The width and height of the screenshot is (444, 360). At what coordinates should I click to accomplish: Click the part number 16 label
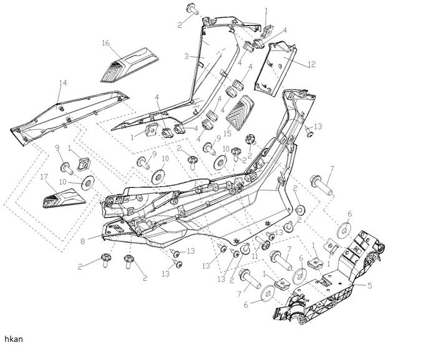(105, 42)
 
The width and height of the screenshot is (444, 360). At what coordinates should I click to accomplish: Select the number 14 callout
(62, 82)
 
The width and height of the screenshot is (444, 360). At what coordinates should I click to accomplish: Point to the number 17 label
(44, 178)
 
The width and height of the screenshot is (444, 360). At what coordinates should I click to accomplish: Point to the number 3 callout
(185, 56)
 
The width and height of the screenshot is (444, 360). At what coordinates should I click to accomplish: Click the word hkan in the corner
(11, 338)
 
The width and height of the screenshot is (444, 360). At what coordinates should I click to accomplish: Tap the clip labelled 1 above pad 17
(80, 163)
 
